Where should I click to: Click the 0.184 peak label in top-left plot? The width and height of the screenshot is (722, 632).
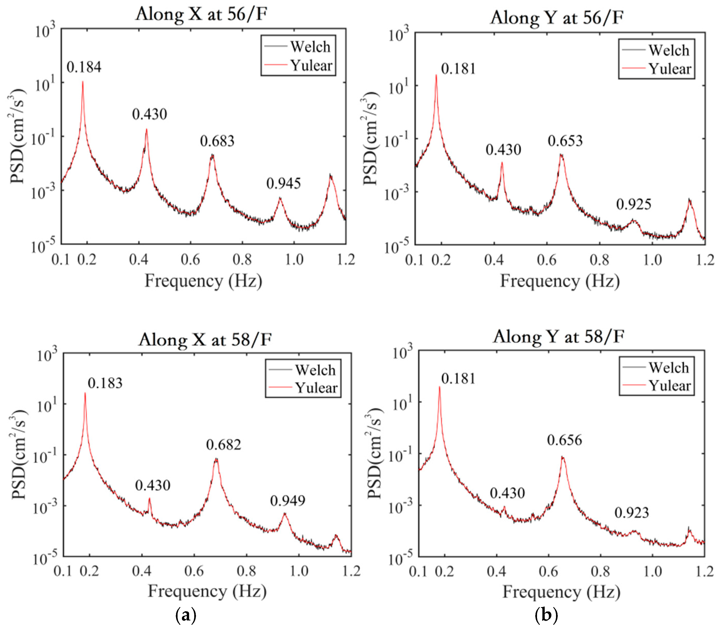tap(84, 67)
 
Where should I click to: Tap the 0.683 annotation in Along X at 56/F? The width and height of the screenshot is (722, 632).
tap(217, 141)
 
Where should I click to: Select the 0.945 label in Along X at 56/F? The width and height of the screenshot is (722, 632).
tap(284, 183)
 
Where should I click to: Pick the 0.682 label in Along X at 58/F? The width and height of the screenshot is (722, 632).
tap(223, 445)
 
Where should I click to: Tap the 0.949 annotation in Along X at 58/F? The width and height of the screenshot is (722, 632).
tap(288, 501)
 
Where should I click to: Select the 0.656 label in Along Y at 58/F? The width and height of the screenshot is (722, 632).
tap(564, 440)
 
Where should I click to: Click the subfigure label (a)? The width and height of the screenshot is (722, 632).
tap(186, 615)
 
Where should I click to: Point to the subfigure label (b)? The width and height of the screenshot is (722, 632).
tap(546, 615)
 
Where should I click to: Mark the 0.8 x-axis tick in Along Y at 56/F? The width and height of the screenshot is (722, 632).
tap(599, 260)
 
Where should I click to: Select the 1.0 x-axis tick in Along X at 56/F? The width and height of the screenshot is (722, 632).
tap(294, 260)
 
